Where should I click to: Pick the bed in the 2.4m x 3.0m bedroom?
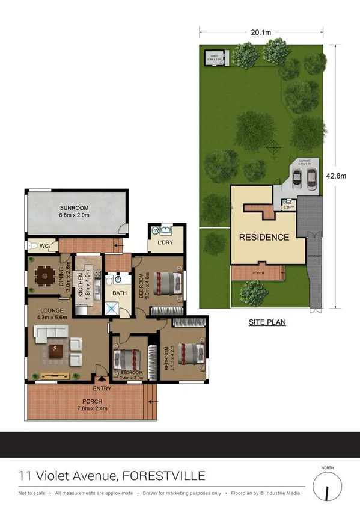127,359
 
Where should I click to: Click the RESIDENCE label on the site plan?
264,237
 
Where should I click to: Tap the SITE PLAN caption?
267,322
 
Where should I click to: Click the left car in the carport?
297,176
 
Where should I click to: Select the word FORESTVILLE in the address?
163,476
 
